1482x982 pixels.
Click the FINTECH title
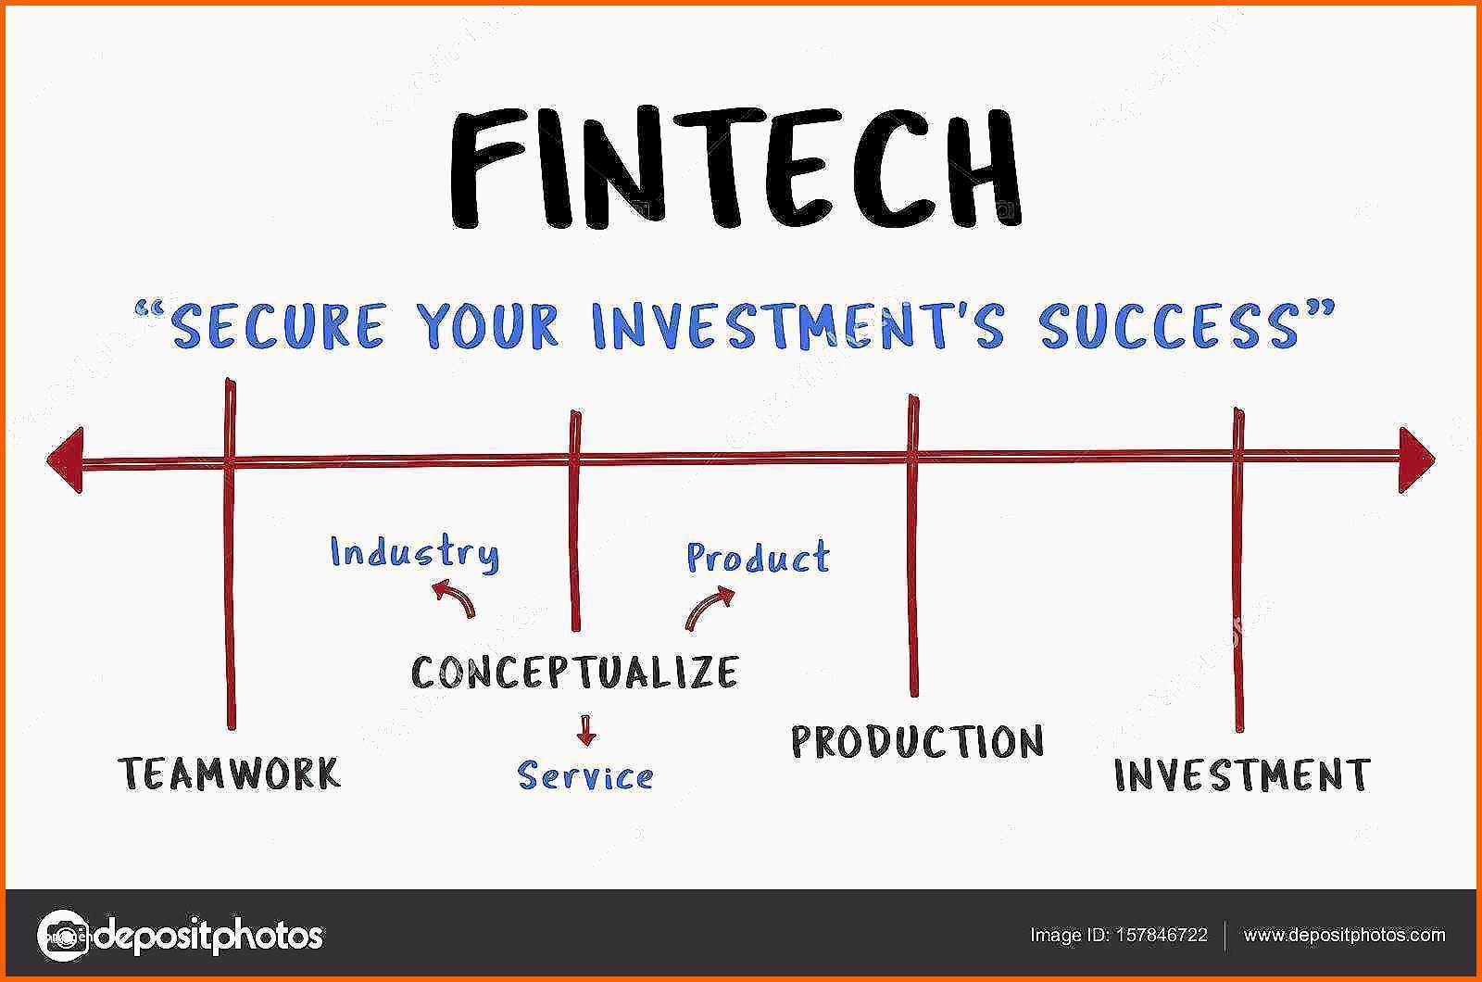(x=736, y=168)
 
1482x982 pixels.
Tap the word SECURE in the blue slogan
(x=277, y=325)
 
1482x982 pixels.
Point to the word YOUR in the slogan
(x=487, y=325)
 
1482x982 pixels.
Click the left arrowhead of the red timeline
(x=65, y=460)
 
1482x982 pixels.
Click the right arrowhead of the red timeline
(x=1416, y=460)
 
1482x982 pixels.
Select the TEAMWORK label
(x=230, y=773)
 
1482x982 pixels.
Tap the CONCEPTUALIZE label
(x=574, y=673)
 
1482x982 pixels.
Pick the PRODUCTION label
(x=917, y=741)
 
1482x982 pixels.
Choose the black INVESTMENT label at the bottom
(x=1242, y=774)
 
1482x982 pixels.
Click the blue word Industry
(x=415, y=554)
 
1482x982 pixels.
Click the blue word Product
(x=758, y=557)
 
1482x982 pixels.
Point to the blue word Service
(x=584, y=775)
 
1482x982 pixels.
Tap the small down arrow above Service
(x=585, y=731)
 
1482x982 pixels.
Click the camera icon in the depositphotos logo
(x=63, y=936)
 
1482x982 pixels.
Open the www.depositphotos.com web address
(x=1344, y=935)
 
